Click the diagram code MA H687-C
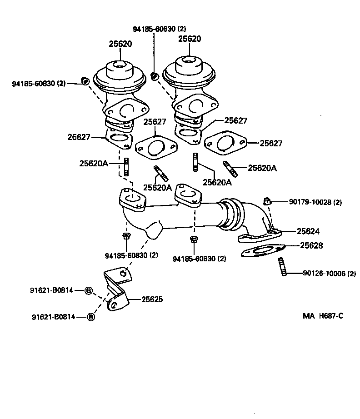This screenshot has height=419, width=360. click(323, 315)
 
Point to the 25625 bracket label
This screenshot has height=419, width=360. click(152, 299)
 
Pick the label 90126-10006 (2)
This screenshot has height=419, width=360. click(329, 274)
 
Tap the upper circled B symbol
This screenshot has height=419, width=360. click(89, 290)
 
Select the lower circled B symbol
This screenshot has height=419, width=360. click(90, 317)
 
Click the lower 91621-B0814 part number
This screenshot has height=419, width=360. click(53, 317)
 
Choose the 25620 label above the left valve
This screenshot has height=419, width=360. click(120, 44)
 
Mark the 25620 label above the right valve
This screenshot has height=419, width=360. click(190, 39)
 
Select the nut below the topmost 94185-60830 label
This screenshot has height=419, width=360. click(155, 76)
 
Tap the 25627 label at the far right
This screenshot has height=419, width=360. click(271, 144)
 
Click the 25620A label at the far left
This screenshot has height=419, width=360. click(94, 163)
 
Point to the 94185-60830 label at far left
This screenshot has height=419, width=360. click(39, 84)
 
